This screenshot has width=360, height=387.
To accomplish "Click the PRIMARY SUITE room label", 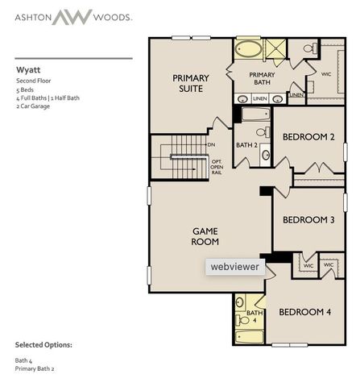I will click(x=191, y=83).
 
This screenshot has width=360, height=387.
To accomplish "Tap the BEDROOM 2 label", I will click(x=308, y=137).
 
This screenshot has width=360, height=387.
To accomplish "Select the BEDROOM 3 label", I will click(x=308, y=219).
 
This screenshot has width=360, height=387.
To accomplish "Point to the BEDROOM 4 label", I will click(x=304, y=312).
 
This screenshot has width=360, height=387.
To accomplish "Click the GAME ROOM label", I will click(x=205, y=235).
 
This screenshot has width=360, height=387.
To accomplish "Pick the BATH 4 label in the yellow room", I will click(x=254, y=316).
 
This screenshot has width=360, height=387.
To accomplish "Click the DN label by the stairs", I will click(x=211, y=144).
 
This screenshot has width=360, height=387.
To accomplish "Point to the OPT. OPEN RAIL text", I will click(x=216, y=166).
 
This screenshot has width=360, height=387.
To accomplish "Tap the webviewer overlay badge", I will click(x=235, y=266).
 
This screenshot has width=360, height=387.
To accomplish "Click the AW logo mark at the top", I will click(x=72, y=16).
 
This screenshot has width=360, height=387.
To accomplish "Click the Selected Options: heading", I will click(x=43, y=344).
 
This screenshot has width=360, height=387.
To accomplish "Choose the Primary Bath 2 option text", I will click(x=35, y=368).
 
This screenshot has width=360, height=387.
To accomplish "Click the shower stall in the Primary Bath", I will click(x=275, y=50).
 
